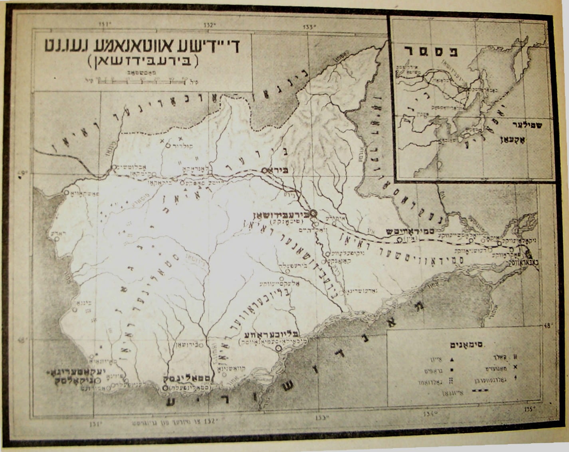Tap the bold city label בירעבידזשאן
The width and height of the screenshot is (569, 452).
[x=280, y=215]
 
